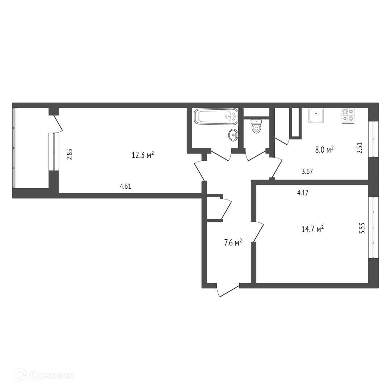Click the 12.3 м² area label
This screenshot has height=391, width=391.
coord(143,155)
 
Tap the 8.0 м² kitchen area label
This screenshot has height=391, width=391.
coord(324,150)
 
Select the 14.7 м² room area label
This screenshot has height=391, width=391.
coord(313,229)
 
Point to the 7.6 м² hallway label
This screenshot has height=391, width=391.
coord(233,242)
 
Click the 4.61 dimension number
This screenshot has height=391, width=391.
coord(125,186)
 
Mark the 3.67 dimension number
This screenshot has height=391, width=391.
coord(307,172)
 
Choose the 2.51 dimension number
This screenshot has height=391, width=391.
coord(360,147)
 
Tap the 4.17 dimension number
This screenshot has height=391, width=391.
coord(303,193)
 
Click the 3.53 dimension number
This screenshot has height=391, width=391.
coord(362,228)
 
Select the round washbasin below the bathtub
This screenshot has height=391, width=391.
coord(233,135)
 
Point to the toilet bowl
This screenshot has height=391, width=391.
coord(256,126)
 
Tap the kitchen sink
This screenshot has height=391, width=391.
coord(316,116)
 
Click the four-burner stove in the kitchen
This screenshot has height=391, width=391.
coord(348,116)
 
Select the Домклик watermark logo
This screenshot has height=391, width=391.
coord(44,375)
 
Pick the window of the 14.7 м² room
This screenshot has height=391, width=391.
coord(373,227)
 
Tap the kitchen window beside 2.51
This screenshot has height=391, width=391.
coord(373,139)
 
